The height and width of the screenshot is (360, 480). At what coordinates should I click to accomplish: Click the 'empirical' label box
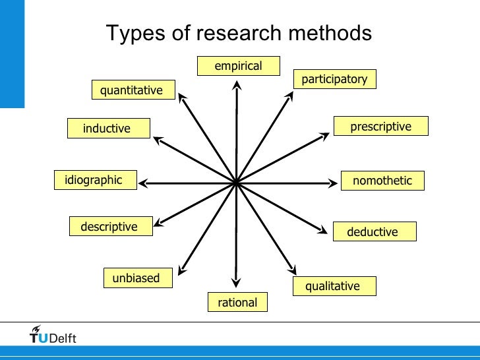coord(238,66)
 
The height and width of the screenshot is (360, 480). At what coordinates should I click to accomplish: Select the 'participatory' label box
coord(334,79)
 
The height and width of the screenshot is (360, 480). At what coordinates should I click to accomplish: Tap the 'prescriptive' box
coord(380,127)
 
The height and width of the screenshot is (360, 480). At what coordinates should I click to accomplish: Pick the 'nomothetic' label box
coord(382,181)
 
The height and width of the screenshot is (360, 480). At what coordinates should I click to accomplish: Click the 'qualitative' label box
coord(332,286)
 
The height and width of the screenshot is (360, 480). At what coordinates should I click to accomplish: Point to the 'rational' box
coord(238,303)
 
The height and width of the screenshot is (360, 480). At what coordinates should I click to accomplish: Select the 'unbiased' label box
coord(137,278)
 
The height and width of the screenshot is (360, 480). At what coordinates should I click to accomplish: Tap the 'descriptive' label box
coord(110,227)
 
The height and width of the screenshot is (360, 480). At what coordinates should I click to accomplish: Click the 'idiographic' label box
coord(95,180)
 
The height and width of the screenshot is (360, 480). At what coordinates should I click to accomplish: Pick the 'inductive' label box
coord(107,129)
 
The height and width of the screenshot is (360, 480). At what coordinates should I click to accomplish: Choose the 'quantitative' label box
coord(132,90)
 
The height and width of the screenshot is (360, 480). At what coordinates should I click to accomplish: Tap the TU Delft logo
coord(53,336)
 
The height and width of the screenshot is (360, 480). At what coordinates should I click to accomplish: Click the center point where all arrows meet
coord(236,182)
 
